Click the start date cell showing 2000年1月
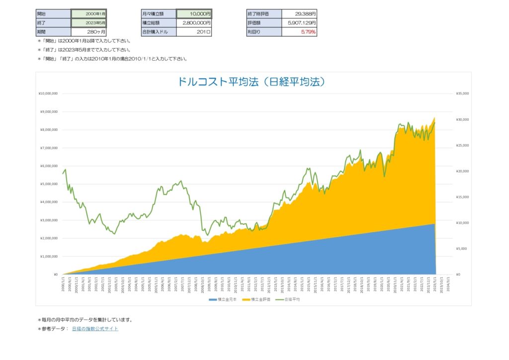click(88, 14)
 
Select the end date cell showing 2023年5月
click(88, 23)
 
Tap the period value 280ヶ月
click(88, 32)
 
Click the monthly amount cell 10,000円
click(194, 14)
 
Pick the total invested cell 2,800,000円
click(194, 23)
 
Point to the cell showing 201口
click(194, 32)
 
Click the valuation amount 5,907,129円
click(299, 23)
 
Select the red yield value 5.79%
click(299, 32)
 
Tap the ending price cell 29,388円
click(299, 14)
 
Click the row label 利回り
click(263, 32)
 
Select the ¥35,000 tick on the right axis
click(462, 93)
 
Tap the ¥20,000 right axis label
click(462, 171)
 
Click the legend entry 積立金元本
click(229, 300)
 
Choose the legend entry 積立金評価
click(260, 300)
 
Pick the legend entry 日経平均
click(292, 300)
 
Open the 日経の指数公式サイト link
click(95, 329)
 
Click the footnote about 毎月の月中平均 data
click(85, 320)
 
